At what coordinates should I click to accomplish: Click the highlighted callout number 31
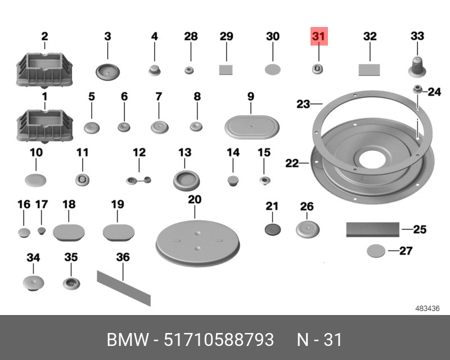319,36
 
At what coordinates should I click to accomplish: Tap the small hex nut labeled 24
417,89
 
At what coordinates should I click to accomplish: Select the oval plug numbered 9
251,127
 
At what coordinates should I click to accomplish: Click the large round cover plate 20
198,244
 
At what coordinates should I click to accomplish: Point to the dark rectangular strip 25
373,229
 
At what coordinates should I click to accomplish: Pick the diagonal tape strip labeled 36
124,288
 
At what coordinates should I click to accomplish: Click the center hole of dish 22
372,160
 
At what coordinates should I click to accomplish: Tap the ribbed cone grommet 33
417,67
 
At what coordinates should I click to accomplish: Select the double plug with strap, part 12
138,181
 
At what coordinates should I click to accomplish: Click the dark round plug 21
272,229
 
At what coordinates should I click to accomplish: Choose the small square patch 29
226,70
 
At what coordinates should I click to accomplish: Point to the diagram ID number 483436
427,308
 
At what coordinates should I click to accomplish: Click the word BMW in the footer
128,340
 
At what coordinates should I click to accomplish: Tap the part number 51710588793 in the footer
219,340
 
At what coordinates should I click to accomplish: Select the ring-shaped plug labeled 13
186,181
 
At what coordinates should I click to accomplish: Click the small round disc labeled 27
376,251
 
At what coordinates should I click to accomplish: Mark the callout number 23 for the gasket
303,104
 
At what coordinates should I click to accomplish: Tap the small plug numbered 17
42,231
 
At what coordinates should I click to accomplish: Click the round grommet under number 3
107,72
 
